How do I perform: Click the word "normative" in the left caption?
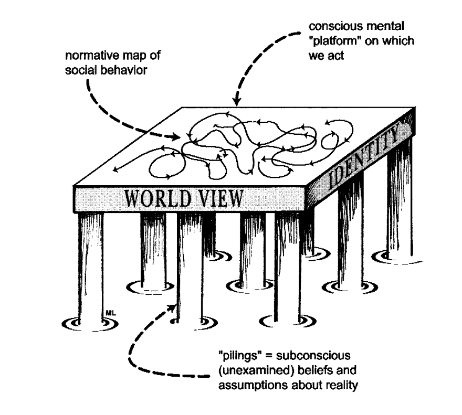click(83, 56)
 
